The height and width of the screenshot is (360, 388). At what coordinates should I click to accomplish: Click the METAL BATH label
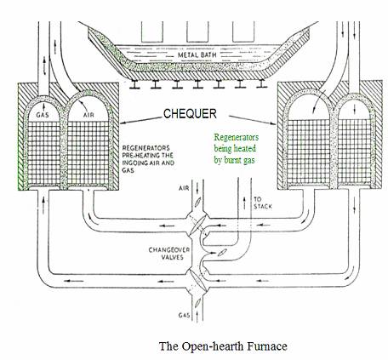[197, 54]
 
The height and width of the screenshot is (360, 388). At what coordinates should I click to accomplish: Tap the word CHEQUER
[190, 113]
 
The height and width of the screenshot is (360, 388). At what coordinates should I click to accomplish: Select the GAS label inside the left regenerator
[43, 115]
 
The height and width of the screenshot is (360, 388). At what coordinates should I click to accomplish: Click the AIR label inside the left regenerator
[88, 115]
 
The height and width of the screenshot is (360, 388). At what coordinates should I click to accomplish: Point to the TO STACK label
[263, 203]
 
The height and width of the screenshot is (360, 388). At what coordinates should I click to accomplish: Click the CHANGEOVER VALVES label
[169, 254]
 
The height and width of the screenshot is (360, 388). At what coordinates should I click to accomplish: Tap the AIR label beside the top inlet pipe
[184, 188]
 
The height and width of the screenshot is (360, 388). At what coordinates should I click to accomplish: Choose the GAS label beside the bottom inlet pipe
[184, 315]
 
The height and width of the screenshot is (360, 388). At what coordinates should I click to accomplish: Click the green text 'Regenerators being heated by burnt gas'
[237, 148]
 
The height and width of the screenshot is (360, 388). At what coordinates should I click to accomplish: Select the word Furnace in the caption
[267, 346]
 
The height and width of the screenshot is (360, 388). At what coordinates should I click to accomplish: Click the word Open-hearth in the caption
[213, 346]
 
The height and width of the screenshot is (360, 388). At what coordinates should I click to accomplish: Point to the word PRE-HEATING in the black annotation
[147, 156]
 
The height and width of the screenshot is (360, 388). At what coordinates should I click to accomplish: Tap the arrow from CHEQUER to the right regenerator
[253, 120]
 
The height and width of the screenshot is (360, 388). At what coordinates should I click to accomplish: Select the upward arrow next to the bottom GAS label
[196, 315]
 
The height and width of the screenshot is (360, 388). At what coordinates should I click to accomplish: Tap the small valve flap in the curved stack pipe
[221, 252]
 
